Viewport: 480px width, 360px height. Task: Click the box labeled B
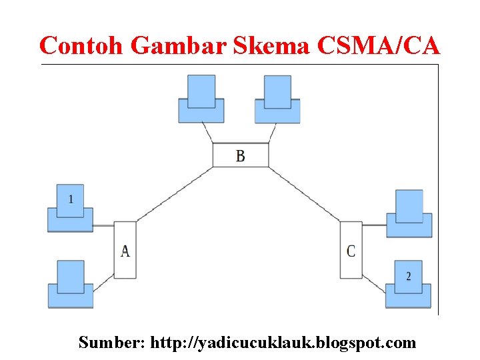[241, 155]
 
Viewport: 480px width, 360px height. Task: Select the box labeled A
[125, 250]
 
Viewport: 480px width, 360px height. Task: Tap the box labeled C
[351, 250]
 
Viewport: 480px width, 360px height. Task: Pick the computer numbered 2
[409, 284]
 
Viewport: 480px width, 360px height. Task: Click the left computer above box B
[201, 100]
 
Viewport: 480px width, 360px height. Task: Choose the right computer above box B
[277, 100]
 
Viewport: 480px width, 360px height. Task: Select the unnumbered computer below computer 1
[70, 285]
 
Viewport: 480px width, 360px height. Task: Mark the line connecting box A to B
[175, 194]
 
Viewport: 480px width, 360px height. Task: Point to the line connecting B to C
[305, 194]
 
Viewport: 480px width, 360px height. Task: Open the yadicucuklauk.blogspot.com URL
[283, 343]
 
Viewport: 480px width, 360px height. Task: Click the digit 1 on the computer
[71, 199]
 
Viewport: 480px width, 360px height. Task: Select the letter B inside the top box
[241, 155]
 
